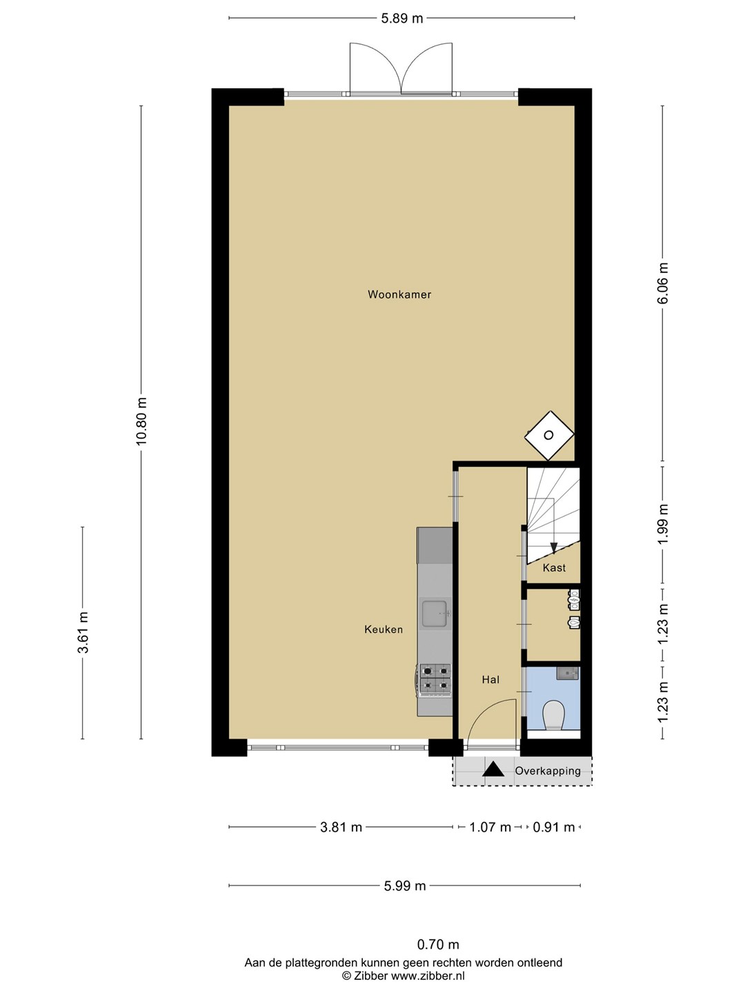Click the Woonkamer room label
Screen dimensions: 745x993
(399, 294)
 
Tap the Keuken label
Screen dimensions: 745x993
(383, 630)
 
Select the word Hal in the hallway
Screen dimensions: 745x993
(490, 679)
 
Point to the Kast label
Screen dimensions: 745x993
(554, 568)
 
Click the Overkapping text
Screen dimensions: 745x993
(547, 771)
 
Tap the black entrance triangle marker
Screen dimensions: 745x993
(493, 770)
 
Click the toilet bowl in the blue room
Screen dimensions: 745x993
(554, 716)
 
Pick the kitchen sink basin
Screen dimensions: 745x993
(435, 614)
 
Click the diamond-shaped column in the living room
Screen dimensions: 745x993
(548, 435)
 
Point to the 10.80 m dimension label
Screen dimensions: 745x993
(141, 421)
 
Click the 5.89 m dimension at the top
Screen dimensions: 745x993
(401, 19)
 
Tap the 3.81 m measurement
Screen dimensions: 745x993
(341, 827)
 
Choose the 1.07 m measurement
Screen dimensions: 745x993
(490, 827)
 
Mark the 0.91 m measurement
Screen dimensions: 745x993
(554, 827)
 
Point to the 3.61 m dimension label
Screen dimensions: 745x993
(83, 632)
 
